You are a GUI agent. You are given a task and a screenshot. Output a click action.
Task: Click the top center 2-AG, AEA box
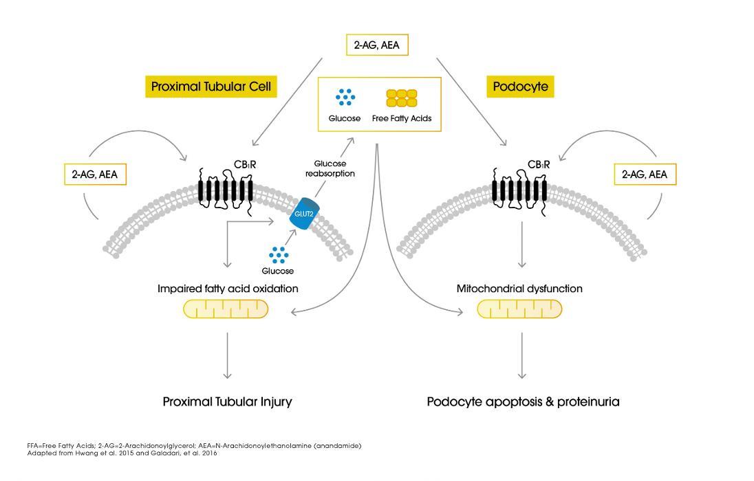376,46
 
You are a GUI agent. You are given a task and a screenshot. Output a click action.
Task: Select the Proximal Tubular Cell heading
211,87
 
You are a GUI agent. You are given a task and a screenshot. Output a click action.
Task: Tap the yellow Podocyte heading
521,87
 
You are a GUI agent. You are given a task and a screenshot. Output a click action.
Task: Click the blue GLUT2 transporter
305,212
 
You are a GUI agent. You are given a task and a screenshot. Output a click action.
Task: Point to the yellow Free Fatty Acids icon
402,98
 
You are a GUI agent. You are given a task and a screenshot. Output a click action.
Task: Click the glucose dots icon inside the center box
345,98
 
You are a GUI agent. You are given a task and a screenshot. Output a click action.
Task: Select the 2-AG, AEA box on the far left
95,175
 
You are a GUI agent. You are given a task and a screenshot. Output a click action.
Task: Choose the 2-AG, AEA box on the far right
645,175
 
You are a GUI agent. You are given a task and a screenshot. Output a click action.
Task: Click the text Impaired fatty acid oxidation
228,289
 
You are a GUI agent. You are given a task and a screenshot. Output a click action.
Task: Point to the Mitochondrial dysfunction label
519,289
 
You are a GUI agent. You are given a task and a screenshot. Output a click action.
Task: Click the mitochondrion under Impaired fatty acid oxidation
226,309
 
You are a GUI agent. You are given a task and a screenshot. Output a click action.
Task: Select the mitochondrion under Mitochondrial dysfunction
519,309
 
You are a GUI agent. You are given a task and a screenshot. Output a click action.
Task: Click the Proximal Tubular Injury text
227,401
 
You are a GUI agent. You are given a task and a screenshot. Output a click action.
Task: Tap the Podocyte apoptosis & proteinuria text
523,401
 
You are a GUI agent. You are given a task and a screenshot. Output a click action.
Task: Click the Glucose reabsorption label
330,169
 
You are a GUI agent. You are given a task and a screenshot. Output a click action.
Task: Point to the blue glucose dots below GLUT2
278,255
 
